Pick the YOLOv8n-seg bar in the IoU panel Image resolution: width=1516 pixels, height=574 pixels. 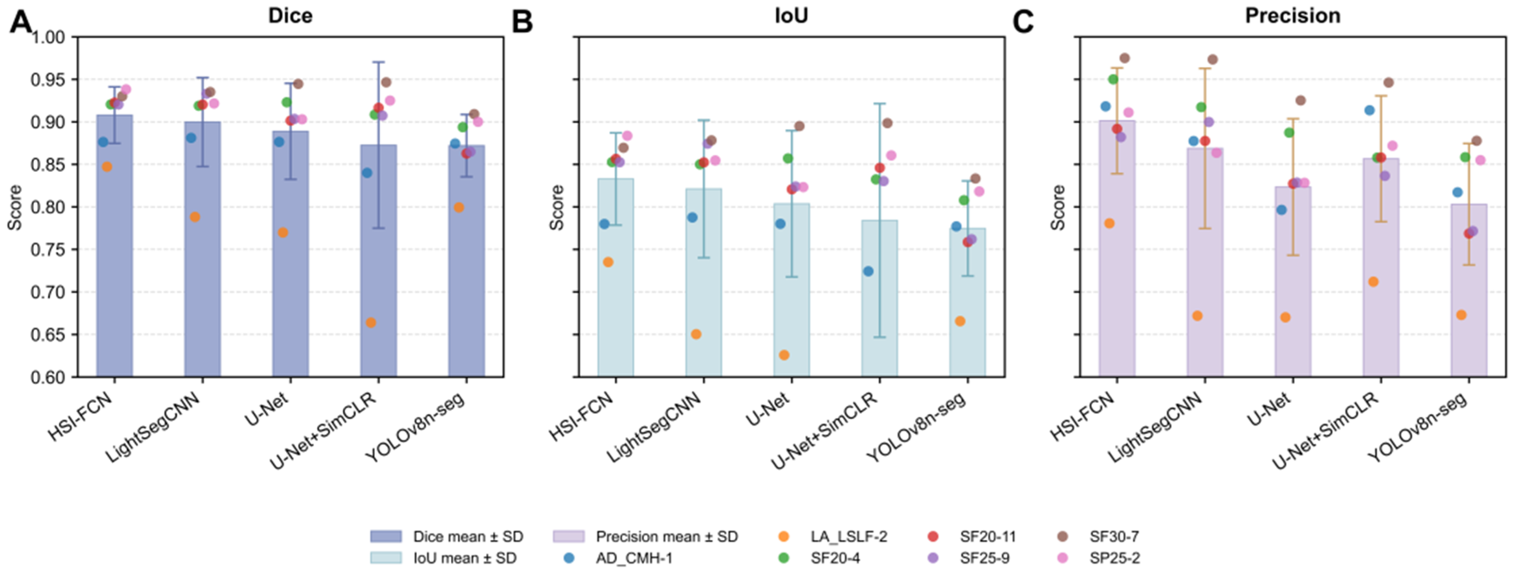tap(967, 302)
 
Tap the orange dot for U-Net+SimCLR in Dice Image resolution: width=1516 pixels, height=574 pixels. tap(371, 322)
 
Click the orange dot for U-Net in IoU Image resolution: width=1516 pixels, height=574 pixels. tap(784, 355)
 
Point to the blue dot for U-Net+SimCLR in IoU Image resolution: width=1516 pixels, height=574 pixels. tap(868, 271)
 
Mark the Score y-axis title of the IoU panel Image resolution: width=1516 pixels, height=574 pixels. tap(556, 207)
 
